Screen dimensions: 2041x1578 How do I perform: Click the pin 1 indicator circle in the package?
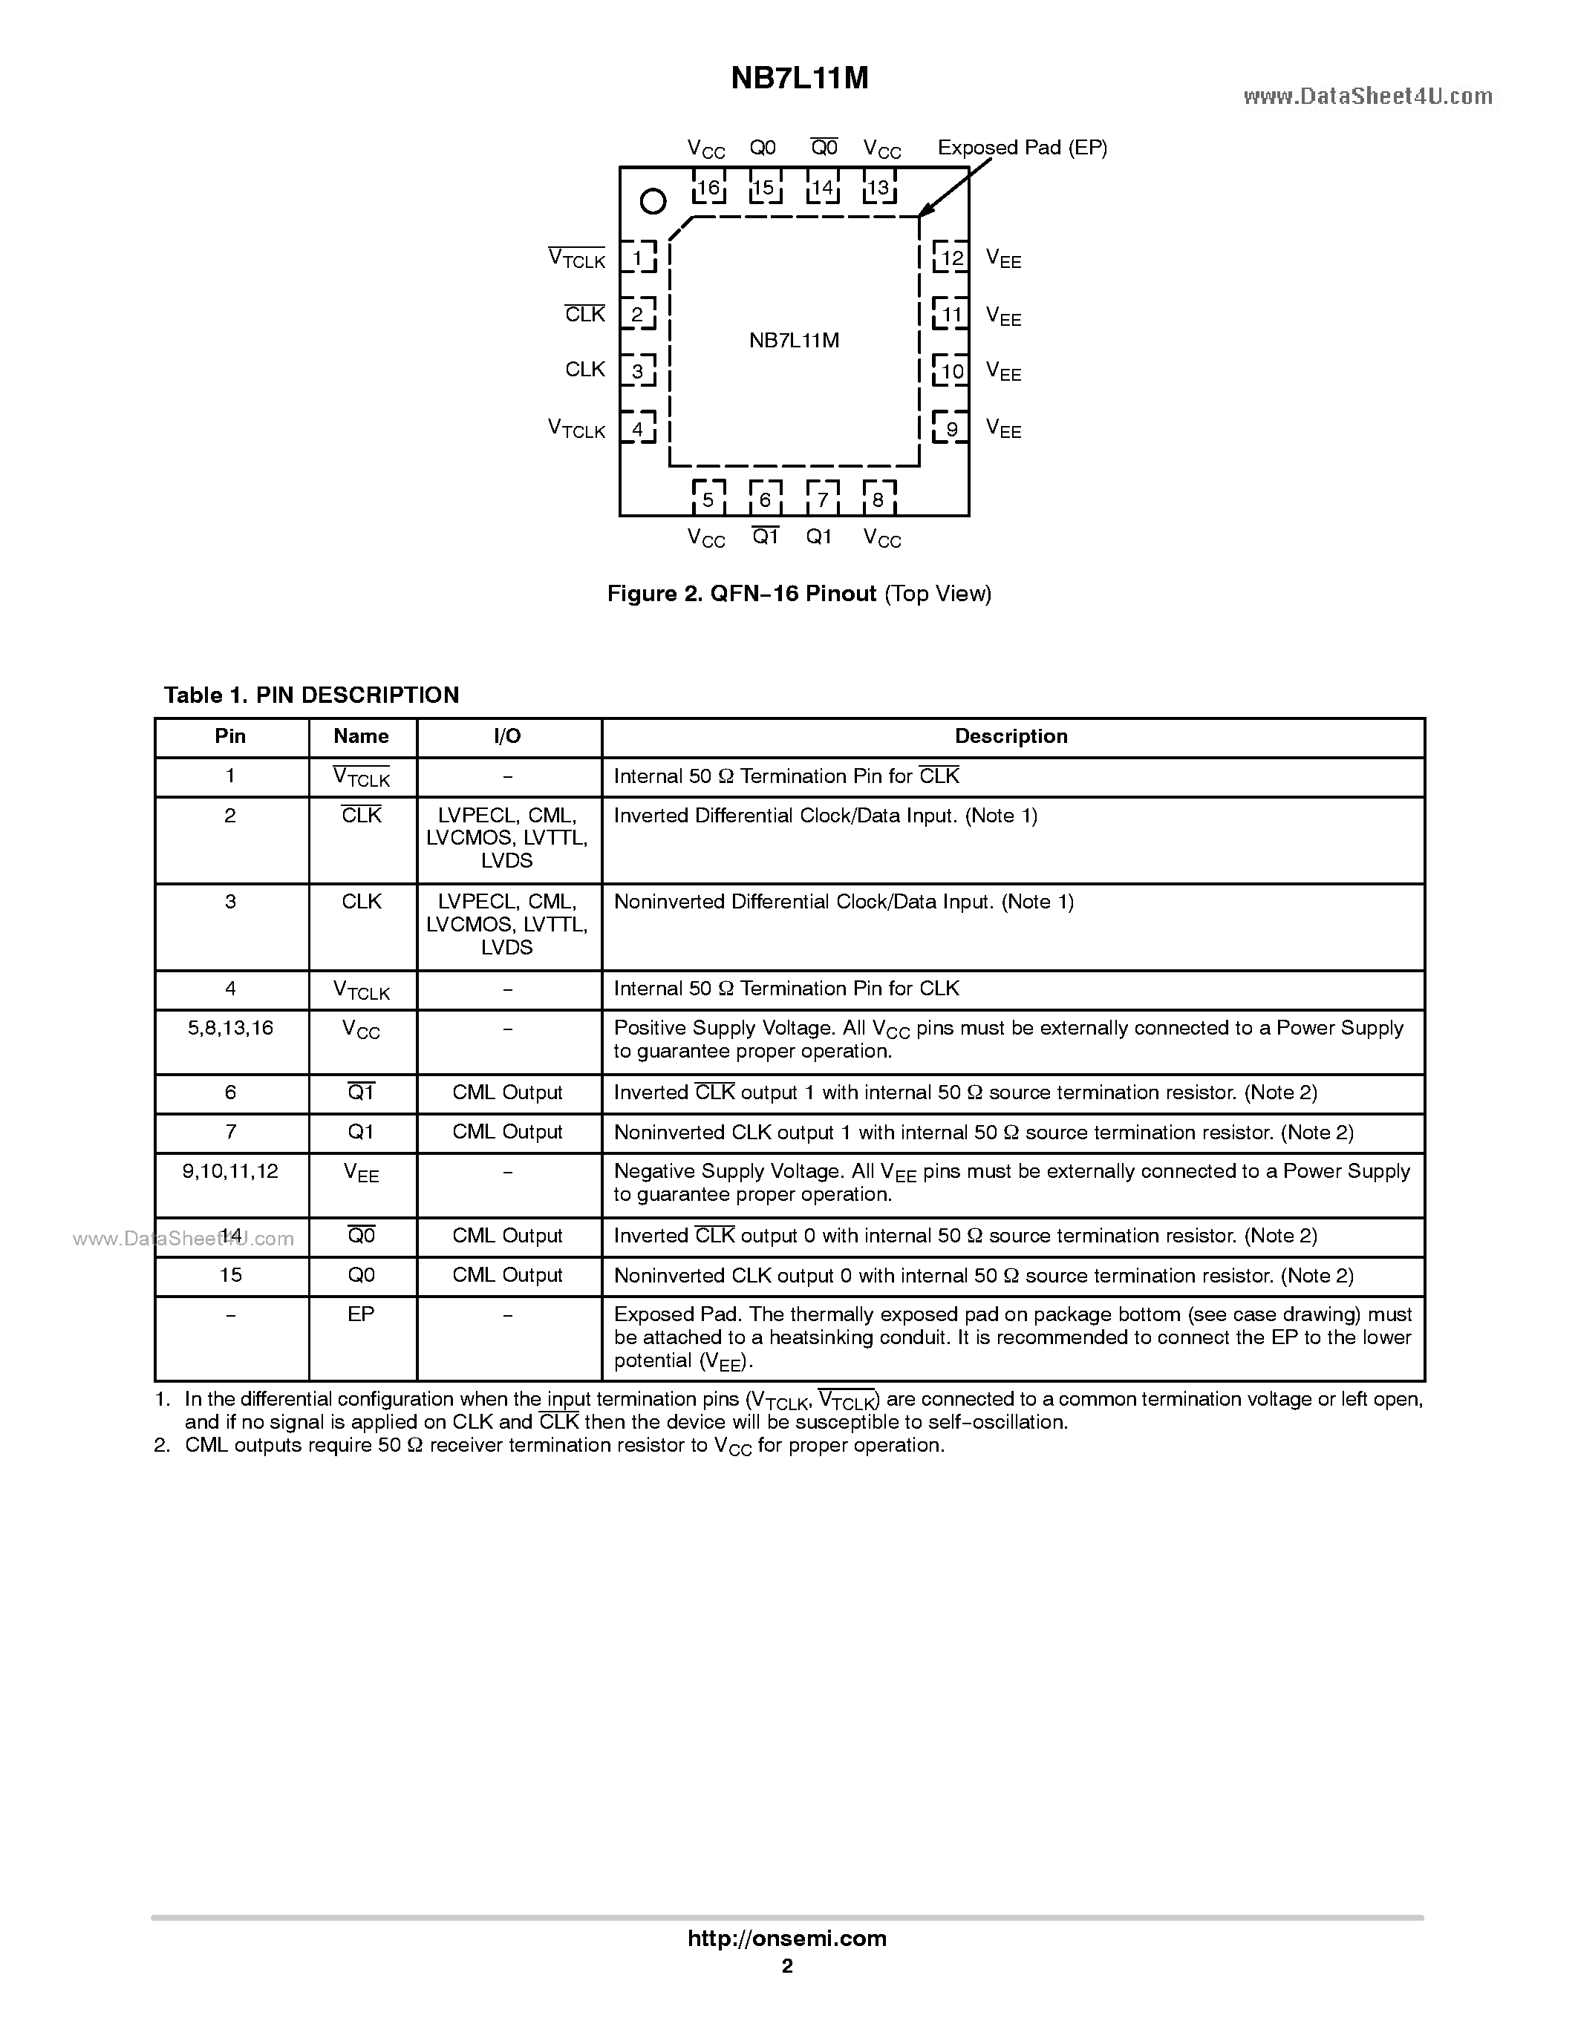click(x=653, y=201)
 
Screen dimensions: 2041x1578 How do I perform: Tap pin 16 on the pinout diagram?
click(x=708, y=188)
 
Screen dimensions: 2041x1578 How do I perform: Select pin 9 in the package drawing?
click(x=952, y=429)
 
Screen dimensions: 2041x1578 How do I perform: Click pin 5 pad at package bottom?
click(x=708, y=499)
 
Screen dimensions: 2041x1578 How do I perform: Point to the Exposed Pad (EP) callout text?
click(x=1022, y=148)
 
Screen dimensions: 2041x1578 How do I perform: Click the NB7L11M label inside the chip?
click(x=794, y=340)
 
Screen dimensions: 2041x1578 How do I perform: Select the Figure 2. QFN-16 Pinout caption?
click(x=799, y=594)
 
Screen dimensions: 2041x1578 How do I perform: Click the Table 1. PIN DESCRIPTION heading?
click(x=311, y=695)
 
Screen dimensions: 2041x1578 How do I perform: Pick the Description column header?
click(x=1011, y=736)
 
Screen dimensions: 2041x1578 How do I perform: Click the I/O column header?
click(x=508, y=736)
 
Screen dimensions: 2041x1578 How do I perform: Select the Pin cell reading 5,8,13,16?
click(x=230, y=1028)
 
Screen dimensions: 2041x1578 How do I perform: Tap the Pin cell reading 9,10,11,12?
click(x=230, y=1171)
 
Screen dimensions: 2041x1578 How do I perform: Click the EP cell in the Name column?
click(x=361, y=1314)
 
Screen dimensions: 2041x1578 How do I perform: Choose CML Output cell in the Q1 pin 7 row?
click(x=508, y=1132)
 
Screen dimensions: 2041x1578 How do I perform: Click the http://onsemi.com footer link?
click(x=787, y=1938)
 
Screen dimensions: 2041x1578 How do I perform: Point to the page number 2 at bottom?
click(x=787, y=1966)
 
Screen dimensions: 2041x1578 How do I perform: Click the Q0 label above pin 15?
click(x=763, y=148)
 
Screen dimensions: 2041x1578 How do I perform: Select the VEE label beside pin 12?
click(x=1003, y=259)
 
